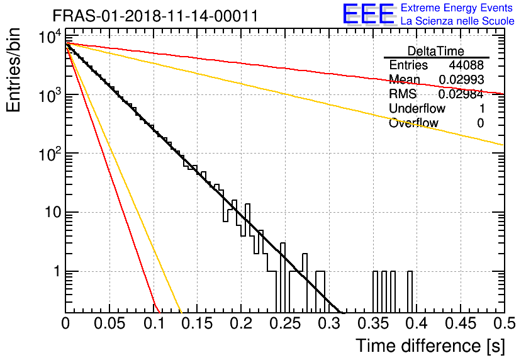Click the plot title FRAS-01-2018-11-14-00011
point(155,16)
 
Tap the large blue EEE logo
point(369,14)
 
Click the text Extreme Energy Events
point(457,8)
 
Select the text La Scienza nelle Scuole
point(457,21)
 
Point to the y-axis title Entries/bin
point(14,70)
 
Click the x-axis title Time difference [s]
point(430,346)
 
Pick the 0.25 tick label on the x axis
point(286,323)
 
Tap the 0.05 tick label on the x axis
point(109,323)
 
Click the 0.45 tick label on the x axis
point(461,323)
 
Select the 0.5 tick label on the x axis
point(504,323)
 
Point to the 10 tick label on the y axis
point(53,212)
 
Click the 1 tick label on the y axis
point(57,271)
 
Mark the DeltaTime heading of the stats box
point(436,51)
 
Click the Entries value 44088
point(466,65)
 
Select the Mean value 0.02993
point(461,79)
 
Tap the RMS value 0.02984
point(461,94)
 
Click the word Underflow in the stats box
point(417,108)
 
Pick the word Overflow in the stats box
point(413,123)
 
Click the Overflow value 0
point(481,123)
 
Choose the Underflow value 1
point(482,108)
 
